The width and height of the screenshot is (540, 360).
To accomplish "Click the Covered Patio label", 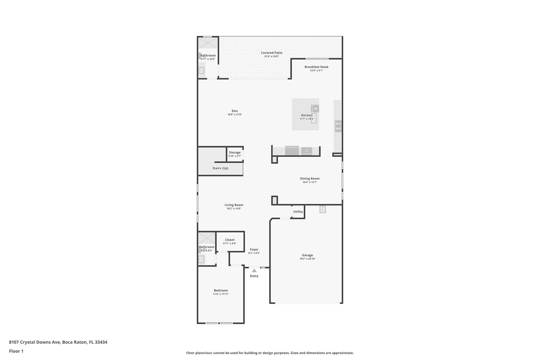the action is point(272,53).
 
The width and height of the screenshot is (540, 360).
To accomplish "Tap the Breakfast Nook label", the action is point(316,67).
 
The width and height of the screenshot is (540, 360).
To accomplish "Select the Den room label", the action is point(235,111).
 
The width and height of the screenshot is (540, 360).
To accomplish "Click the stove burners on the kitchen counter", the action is point(338,126).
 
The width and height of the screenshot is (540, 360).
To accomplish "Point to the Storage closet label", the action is point(235,152).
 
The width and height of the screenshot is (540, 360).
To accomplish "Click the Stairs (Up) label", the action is point(220,168).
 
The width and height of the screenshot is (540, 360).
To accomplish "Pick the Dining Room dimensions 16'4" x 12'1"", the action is point(310,182).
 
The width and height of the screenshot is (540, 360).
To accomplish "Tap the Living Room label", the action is point(234,205).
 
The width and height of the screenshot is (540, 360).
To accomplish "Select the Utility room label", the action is point(298,212).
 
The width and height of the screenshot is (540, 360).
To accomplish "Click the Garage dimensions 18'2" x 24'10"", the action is point(307,259).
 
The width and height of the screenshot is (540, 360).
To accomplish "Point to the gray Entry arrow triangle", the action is point(254,271).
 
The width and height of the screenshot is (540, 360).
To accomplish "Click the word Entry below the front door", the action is point(254,276).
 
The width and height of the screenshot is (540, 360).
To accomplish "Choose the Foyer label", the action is point(254,249).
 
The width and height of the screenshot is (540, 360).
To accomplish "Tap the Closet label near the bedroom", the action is point(230,240).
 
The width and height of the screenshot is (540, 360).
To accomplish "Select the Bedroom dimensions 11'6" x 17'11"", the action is point(221,294).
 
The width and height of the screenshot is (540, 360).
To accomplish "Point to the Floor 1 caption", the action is point(16,351).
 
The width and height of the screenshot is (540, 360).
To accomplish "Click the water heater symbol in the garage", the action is point(323,209).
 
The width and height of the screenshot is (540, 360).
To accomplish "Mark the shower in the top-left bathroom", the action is point(208,43).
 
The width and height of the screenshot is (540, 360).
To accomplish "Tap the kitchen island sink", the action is point(314,118).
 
